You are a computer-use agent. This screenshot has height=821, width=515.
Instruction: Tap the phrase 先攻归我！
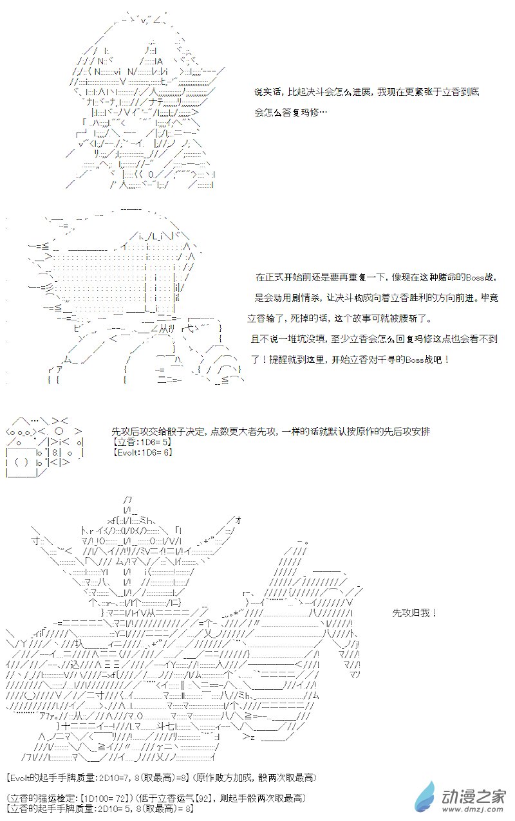(415, 613)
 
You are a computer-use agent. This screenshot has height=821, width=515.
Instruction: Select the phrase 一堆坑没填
(294, 338)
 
